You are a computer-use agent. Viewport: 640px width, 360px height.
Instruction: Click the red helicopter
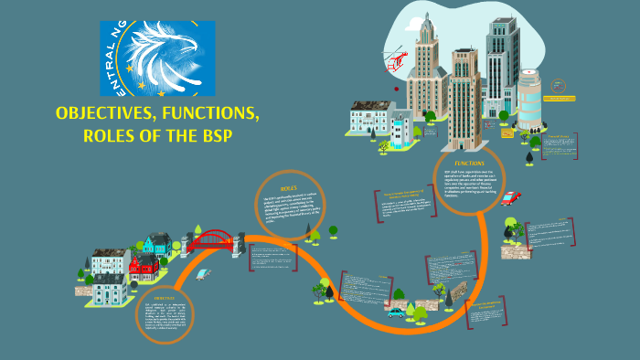click(397, 62)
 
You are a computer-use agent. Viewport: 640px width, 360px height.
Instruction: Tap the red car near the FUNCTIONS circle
click(509, 198)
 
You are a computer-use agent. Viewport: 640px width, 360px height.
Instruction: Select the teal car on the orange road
click(396, 312)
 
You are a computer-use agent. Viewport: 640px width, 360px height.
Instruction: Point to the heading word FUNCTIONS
click(469, 164)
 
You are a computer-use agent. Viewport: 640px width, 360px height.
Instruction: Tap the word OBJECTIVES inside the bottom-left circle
click(165, 298)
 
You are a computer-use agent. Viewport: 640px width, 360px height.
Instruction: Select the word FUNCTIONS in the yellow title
click(208, 114)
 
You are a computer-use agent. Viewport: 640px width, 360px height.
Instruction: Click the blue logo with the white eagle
click(157, 58)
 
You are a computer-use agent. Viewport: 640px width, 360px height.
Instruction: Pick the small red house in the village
click(144, 267)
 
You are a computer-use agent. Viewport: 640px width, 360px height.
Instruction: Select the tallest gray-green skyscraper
click(501, 69)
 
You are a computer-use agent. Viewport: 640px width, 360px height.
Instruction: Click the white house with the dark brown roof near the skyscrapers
click(370, 119)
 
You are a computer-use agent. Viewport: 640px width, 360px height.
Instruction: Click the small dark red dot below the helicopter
click(396, 89)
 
